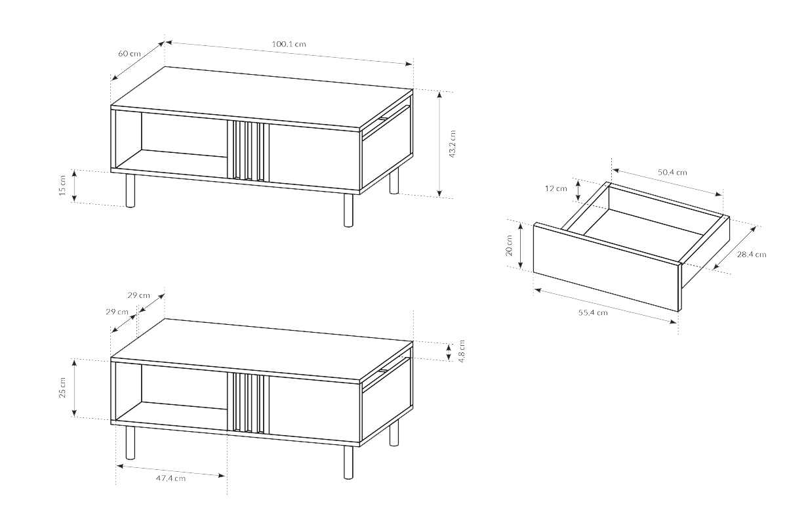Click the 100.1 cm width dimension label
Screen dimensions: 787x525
tap(289, 45)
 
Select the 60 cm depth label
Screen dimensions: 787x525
tap(129, 53)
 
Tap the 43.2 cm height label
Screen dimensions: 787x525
tap(452, 144)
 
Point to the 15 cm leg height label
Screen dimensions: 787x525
tap(62, 185)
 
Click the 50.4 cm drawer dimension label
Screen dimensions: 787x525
tap(672, 173)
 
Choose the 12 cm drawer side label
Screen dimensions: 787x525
tap(556, 188)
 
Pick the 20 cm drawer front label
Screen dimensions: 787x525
tap(509, 245)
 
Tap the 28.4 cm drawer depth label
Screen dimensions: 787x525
tap(752, 255)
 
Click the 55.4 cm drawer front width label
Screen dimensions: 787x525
tap(593, 312)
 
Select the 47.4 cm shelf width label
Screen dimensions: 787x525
tap(171, 478)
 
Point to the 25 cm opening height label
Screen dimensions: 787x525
tap(62, 387)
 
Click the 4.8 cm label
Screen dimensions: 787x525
tap(462, 351)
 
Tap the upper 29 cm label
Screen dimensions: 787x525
tap(139, 295)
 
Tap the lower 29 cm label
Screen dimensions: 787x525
tap(117, 312)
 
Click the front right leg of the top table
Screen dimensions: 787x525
tap(348, 210)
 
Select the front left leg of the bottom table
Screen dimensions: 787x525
tap(131, 443)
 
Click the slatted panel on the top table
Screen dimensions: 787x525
tap(248, 150)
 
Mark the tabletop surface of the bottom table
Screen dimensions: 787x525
tap(262, 350)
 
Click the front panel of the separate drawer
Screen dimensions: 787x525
tap(606, 267)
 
